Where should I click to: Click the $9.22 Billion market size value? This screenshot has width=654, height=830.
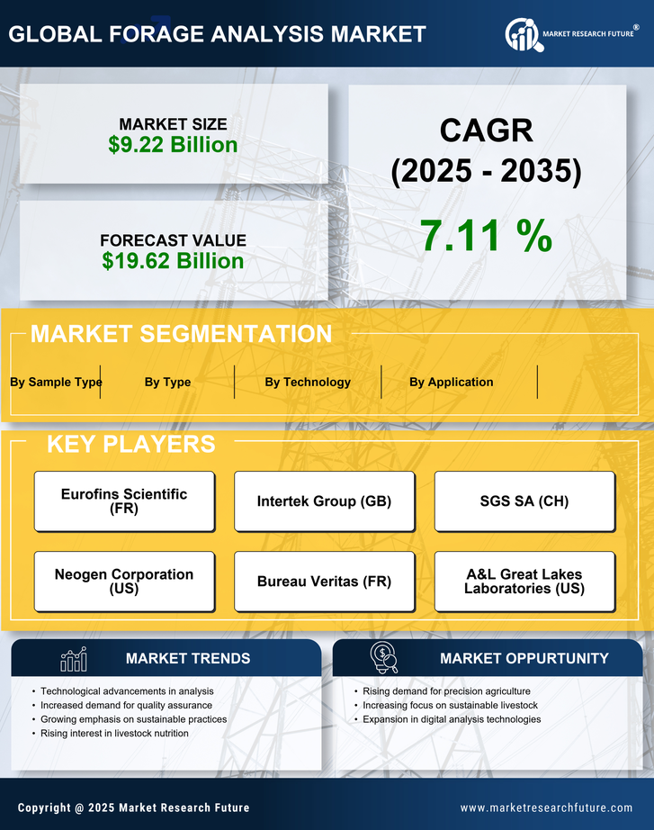173,145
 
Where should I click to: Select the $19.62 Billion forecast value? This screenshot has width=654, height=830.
173,261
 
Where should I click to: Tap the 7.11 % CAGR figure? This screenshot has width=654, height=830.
486,236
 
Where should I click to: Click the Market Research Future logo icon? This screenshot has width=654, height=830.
522,34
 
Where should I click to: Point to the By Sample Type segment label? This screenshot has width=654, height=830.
56,382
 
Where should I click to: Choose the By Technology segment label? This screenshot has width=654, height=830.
308,382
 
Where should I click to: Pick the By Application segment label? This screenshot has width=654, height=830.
451,382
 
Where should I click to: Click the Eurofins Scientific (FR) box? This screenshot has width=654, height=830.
124,501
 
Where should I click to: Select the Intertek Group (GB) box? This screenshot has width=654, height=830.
324,501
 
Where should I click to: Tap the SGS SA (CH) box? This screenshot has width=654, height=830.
524,501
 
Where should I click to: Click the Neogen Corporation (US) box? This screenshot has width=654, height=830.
124,581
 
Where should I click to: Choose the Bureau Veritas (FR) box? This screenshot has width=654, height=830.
324,581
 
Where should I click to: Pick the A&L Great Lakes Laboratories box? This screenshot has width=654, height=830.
524,581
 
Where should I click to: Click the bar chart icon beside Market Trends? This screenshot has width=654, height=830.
74,659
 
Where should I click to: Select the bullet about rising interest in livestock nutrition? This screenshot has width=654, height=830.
114,734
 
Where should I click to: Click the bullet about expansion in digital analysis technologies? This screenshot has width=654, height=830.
452,719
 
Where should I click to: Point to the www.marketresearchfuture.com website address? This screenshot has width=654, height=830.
546,807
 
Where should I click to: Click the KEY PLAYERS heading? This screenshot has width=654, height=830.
130,444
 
